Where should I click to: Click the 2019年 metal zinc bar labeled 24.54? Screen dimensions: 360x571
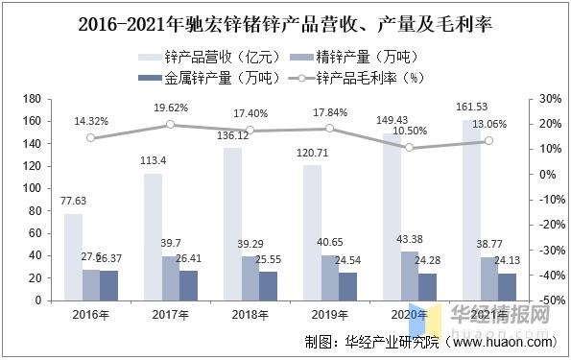347,286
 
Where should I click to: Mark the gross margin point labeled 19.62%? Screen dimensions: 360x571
171,125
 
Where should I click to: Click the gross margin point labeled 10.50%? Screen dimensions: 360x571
410,148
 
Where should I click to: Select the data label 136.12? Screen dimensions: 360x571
233,135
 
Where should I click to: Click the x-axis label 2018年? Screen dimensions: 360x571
250,313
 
